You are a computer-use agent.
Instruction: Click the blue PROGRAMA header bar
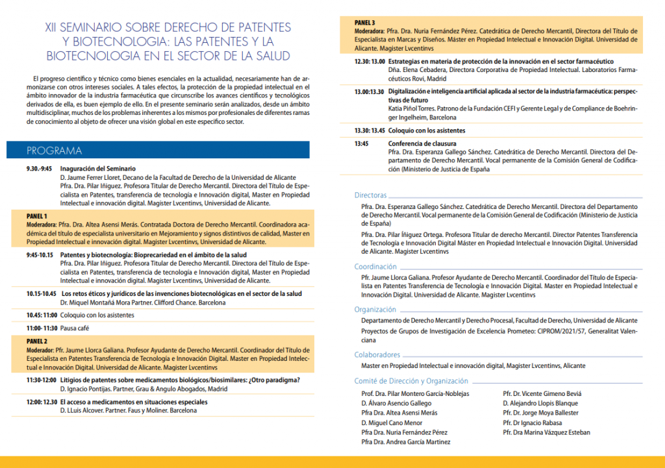(162, 151)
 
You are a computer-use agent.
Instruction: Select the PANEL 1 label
(37, 216)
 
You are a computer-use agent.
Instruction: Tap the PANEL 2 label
(37, 341)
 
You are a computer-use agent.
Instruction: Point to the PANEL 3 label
(364, 23)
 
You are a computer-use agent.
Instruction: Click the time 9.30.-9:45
(39, 169)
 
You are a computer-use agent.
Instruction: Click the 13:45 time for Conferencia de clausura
(362, 143)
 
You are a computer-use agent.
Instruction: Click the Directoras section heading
(370, 195)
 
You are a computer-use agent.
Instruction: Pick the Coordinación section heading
(375, 267)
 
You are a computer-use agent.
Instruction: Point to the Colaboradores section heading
(377, 355)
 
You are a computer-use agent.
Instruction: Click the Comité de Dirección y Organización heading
(410, 381)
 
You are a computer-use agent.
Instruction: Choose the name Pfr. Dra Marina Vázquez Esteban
(547, 432)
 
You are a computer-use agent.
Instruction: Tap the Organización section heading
(375, 310)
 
